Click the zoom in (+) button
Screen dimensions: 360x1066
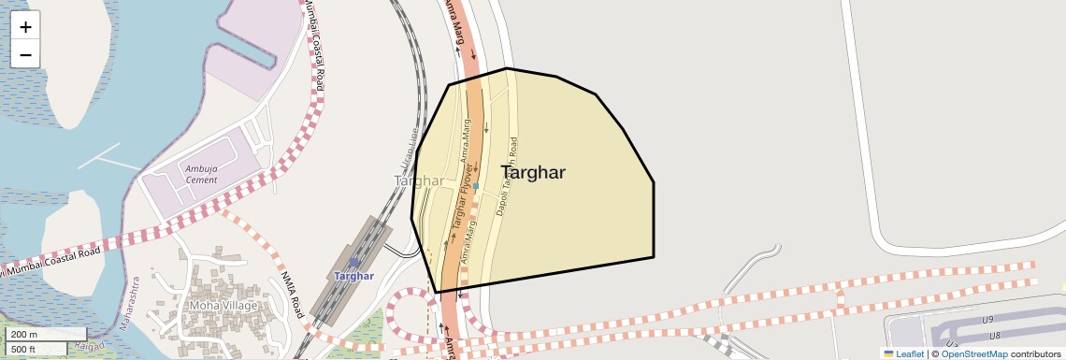point(25,26)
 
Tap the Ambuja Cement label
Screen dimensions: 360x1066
point(201,173)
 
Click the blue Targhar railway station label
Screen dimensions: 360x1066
point(353,276)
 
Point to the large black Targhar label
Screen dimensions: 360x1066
point(533,172)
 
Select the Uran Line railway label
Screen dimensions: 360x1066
point(409,150)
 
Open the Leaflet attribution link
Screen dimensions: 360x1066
point(903,353)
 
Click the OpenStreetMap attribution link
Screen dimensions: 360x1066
point(973,353)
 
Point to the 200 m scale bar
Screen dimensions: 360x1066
point(46,334)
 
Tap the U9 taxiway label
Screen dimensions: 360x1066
point(987,321)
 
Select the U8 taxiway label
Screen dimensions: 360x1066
point(995,335)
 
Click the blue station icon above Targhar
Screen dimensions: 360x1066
point(353,262)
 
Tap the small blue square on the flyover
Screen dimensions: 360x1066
point(476,186)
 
